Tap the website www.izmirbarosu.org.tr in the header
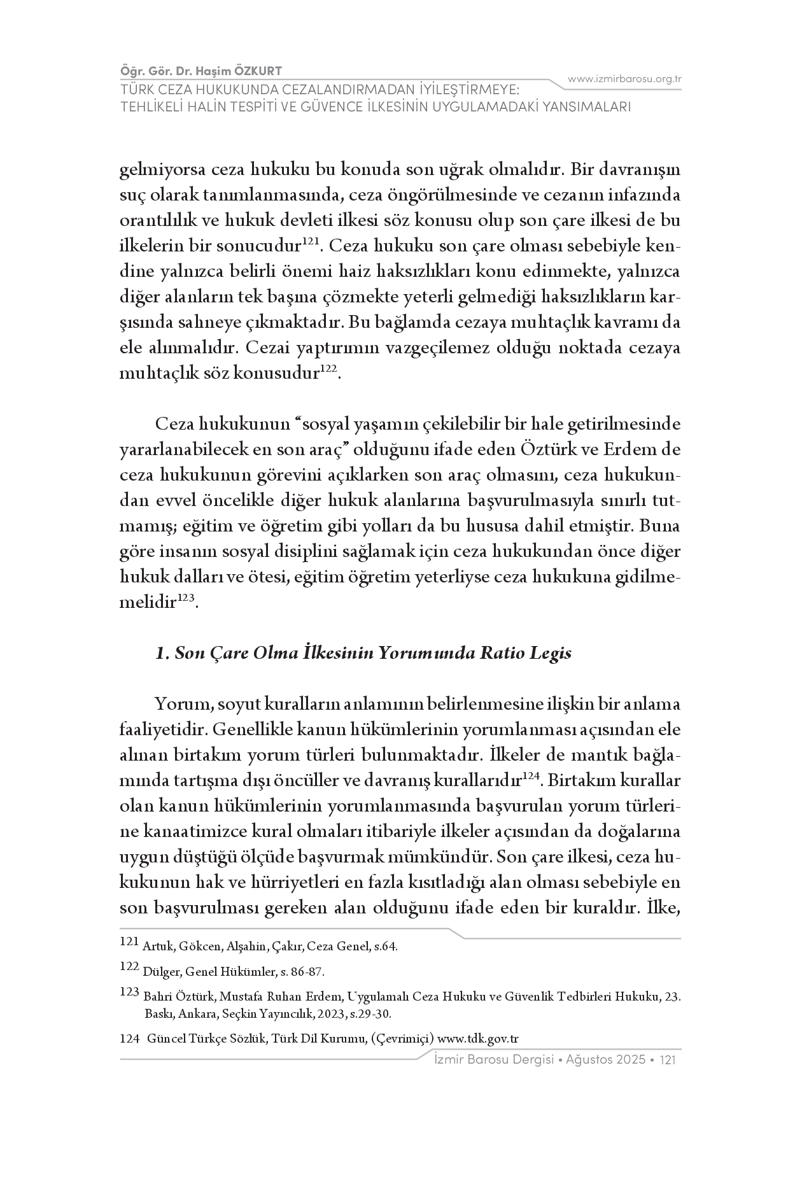point(624,79)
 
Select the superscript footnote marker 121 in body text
point(310,241)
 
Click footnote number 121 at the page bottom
point(129,943)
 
